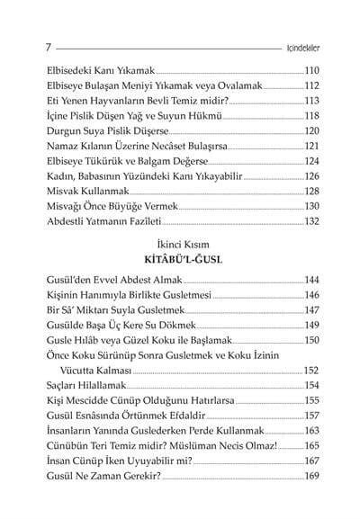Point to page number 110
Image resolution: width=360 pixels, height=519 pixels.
pyautogui.click(x=319, y=70)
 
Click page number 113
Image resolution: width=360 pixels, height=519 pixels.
pyautogui.click(x=319, y=101)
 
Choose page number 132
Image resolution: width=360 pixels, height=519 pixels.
pyautogui.click(x=319, y=221)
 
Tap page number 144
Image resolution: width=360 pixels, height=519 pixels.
pyautogui.click(x=319, y=280)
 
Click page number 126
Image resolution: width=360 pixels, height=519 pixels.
pyautogui.click(x=319, y=176)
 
